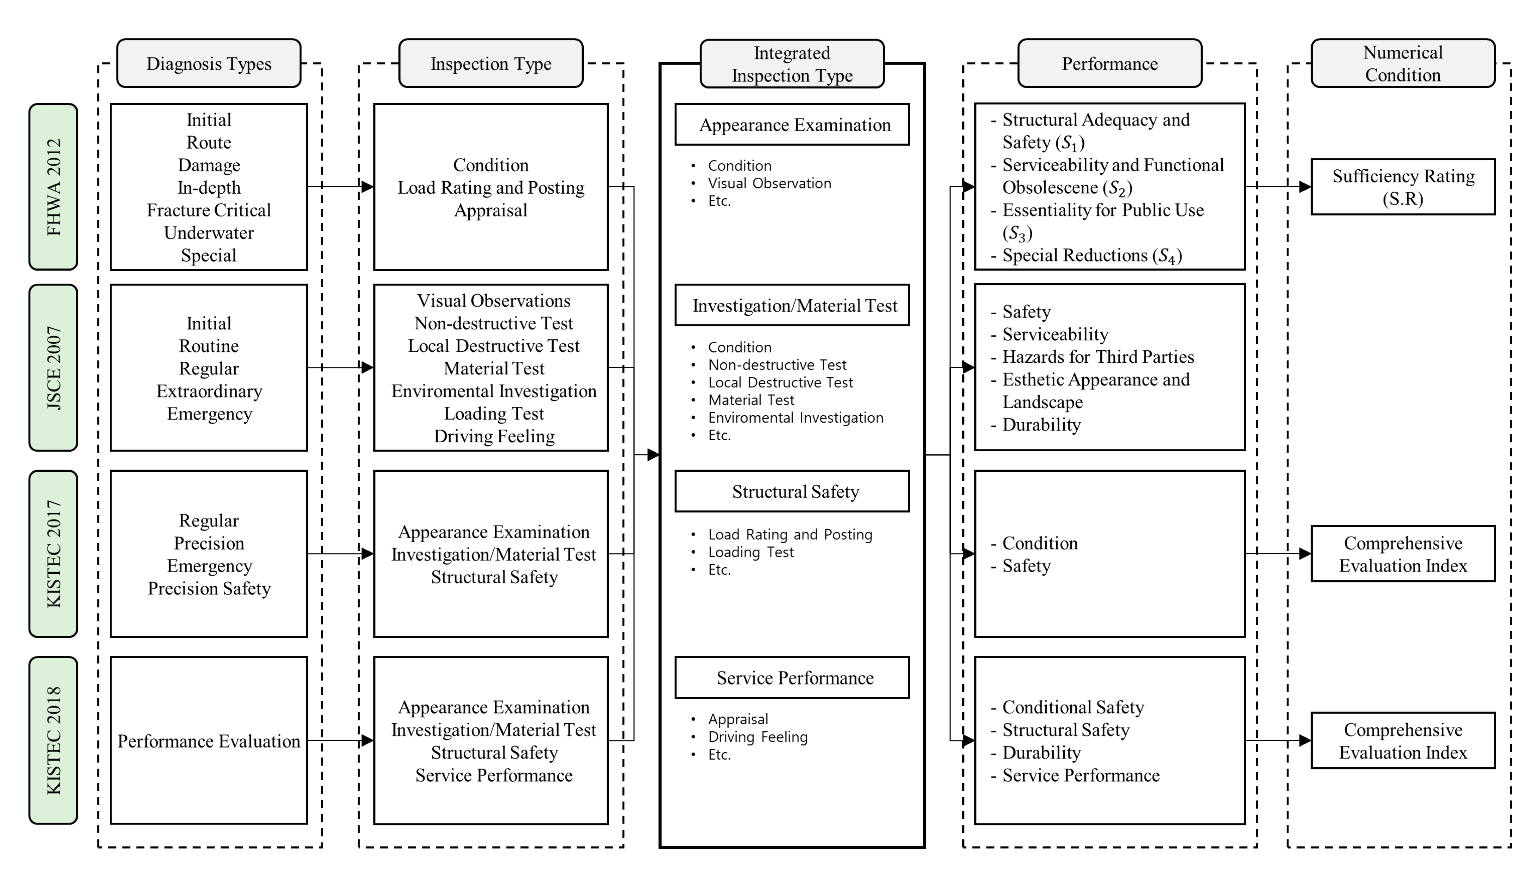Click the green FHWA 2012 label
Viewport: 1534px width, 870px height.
click(53, 187)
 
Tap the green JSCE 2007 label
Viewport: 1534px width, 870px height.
click(53, 368)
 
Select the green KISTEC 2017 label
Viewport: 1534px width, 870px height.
click(53, 554)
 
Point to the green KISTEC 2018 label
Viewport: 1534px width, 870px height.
click(53, 740)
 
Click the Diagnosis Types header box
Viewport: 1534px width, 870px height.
click(209, 64)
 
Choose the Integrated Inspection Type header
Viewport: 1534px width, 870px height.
click(792, 64)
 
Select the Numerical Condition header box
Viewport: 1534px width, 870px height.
click(1402, 64)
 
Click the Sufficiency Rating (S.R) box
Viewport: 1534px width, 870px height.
click(1402, 187)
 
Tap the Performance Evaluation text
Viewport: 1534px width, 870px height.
click(209, 741)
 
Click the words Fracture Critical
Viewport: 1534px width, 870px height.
click(209, 210)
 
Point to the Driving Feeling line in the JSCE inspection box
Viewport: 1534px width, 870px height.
click(494, 436)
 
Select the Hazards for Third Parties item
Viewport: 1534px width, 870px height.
click(1098, 357)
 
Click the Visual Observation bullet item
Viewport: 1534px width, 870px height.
click(769, 183)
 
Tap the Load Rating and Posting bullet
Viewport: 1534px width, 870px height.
click(789, 534)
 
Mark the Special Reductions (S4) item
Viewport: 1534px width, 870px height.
click(1091, 256)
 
